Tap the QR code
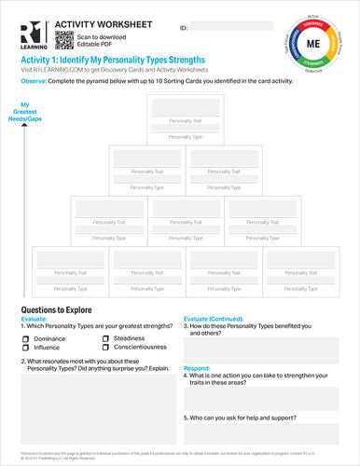tap(64, 38)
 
